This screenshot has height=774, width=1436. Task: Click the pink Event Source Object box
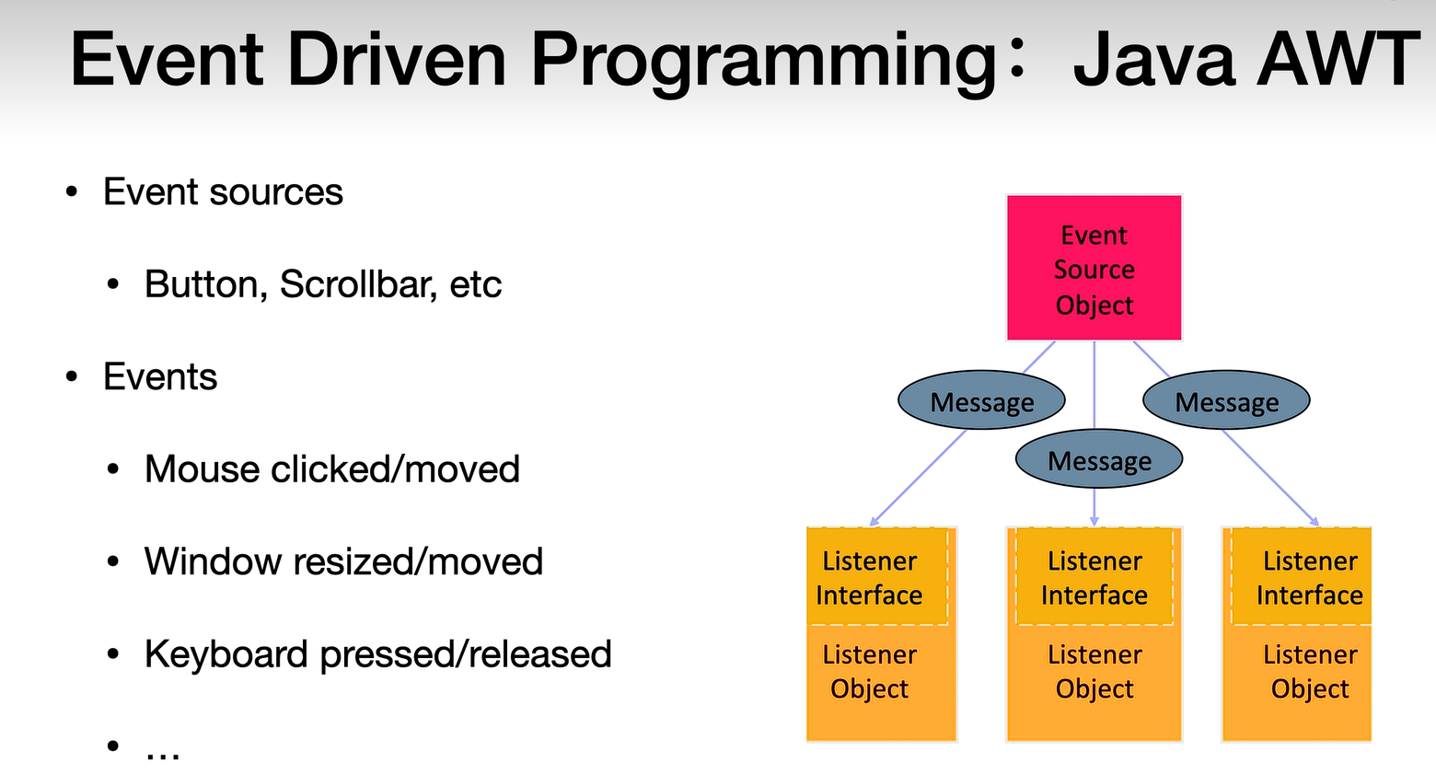(x=1094, y=268)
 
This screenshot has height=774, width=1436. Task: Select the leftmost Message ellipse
(x=981, y=399)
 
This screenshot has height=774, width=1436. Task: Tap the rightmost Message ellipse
(x=1226, y=399)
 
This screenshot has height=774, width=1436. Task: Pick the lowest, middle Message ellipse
(x=1099, y=458)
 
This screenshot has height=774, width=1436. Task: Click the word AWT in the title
(x=1338, y=59)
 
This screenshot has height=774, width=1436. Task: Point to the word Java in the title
(x=1154, y=59)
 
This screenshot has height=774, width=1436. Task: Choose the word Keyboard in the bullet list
(x=226, y=655)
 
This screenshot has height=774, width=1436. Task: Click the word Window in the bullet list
(x=214, y=562)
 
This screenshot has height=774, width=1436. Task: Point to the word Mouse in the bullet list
(x=202, y=469)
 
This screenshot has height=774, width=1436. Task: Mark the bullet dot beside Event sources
(x=71, y=191)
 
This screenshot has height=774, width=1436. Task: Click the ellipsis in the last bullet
(x=163, y=755)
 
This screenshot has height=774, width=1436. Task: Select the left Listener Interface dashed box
(x=877, y=576)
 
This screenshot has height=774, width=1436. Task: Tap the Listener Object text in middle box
(x=1094, y=672)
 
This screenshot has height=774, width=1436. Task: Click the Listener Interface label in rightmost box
(x=1310, y=578)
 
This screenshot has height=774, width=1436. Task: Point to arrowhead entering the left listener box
(x=874, y=522)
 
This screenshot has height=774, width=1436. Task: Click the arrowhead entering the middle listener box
(x=1094, y=522)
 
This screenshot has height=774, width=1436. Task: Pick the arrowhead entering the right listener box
(x=1314, y=522)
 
